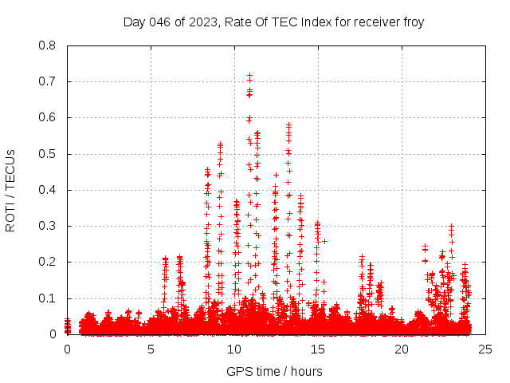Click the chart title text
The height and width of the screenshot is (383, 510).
click(273, 22)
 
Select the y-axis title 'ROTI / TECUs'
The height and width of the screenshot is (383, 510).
click(10, 190)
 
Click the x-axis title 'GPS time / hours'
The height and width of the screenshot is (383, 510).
click(274, 371)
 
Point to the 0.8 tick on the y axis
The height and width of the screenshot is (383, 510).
click(49, 45)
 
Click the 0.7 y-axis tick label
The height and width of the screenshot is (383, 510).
click(49, 81)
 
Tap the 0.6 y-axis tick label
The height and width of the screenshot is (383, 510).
click(49, 117)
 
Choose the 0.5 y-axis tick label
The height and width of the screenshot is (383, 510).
click(49, 154)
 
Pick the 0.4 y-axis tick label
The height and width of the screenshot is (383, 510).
click(49, 190)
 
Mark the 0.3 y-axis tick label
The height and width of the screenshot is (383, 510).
click(49, 226)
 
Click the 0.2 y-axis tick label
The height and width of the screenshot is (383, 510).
click(49, 262)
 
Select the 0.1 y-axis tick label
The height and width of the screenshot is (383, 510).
click(49, 298)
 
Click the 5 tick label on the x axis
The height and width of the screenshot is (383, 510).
click(151, 349)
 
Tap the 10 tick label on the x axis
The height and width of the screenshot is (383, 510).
click(234, 349)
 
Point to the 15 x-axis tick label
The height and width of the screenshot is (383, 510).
click(318, 349)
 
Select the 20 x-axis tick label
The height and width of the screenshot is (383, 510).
click(402, 349)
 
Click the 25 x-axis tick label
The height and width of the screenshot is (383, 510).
click(485, 349)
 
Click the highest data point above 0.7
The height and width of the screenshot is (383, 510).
click(249, 76)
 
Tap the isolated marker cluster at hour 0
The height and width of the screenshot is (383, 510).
click(67, 326)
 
